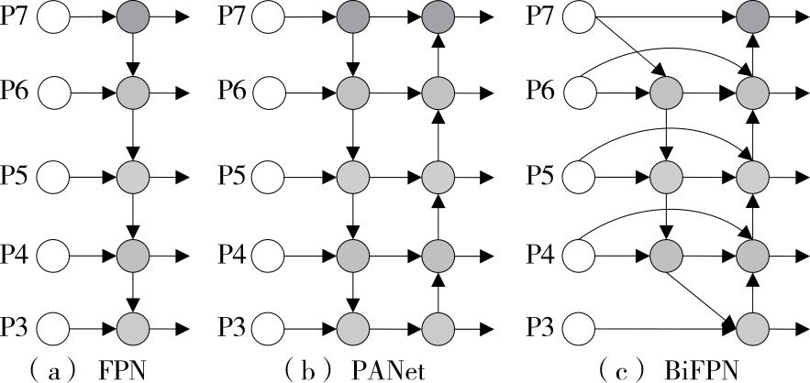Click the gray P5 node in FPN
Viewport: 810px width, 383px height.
click(134, 173)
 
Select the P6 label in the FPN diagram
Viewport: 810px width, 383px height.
click(19, 93)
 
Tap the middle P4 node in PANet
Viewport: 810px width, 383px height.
click(352, 250)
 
